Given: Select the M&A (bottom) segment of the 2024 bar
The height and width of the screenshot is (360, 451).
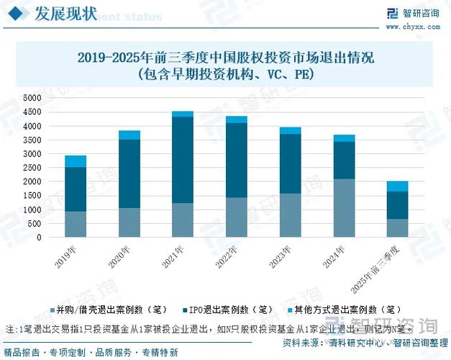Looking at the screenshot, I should coord(344,207).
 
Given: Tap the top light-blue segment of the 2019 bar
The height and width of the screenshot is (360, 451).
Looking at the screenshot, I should coord(76,161).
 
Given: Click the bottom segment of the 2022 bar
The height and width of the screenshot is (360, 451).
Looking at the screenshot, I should coord(237,217).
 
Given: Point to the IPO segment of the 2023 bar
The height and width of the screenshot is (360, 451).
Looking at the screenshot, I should coord(290,163).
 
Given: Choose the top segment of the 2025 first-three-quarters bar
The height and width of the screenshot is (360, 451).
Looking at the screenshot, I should coord(397,186).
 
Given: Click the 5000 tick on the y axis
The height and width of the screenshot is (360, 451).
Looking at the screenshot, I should coord(33,98).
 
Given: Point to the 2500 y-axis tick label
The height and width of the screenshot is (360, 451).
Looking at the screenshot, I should coord(33,168).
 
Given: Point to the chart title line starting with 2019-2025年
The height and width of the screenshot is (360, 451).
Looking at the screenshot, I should coord(226,58).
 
